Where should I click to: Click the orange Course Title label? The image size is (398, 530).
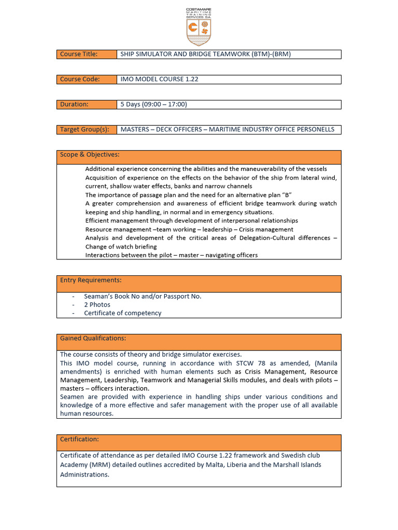pos(79,54)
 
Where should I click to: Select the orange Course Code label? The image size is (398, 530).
pos(80,79)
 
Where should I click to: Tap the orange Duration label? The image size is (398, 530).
pos(74,104)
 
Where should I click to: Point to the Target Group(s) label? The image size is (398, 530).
pos(84,129)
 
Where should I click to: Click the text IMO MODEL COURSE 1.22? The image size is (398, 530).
pos(159,79)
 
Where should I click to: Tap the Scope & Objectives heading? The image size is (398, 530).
pos(90,154)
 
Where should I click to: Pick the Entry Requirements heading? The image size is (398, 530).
pos(91,280)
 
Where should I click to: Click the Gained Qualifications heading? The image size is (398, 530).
pos(93,338)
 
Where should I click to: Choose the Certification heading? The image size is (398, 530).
pos(79,439)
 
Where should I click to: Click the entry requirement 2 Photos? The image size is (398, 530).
pos(97,305)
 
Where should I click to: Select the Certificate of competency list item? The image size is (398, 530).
pos(122,313)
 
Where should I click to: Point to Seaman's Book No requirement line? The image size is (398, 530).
pos(143,297)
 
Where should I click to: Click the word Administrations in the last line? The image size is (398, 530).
pos(84,474)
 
